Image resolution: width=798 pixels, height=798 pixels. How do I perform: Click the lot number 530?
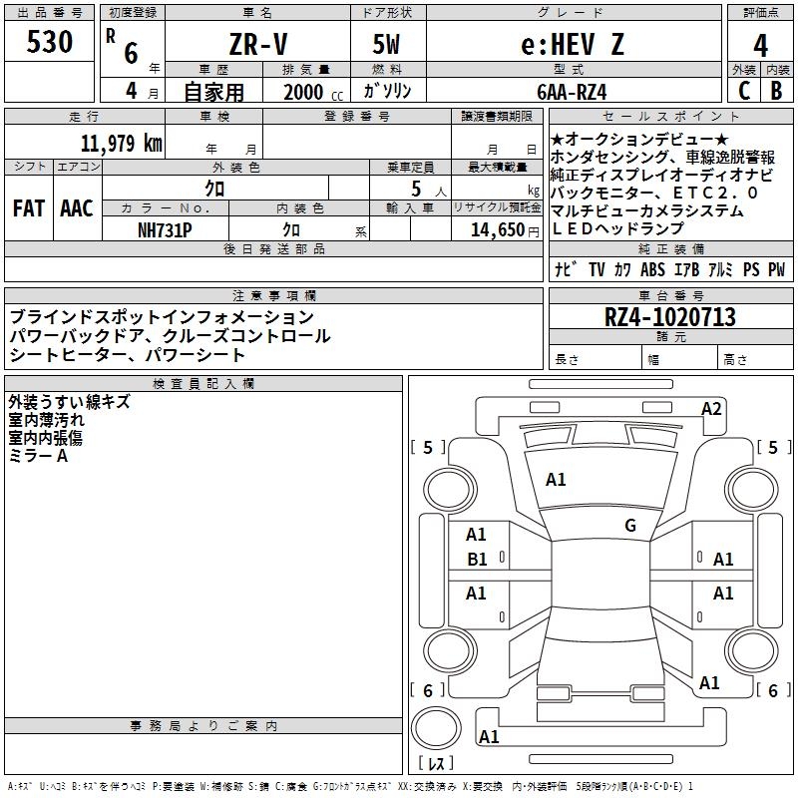click(50, 43)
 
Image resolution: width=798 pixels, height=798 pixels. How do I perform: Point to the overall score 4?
click(761, 46)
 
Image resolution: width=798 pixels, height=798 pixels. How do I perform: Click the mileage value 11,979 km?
click(121, 144)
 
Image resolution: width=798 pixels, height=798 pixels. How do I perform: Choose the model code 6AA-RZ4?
click(571, 92)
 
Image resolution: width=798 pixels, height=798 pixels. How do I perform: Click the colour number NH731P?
click(164, 229)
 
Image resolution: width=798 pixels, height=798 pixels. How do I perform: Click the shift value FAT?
click(28, 208)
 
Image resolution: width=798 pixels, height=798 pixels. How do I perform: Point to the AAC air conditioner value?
click(77, 208)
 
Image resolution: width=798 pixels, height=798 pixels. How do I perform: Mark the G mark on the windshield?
click(630, 526)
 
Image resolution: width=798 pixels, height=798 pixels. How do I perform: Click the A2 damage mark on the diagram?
click(711, 408)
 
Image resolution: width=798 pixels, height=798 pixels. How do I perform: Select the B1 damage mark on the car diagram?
click(477, 560)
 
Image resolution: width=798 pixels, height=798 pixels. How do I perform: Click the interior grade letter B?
click(776, 91)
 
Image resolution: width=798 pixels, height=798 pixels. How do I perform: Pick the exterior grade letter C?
click(744, 91)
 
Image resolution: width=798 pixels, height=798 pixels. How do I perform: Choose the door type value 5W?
click(388, 46)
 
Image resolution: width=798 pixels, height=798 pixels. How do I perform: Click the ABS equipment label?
click(652, 269)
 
